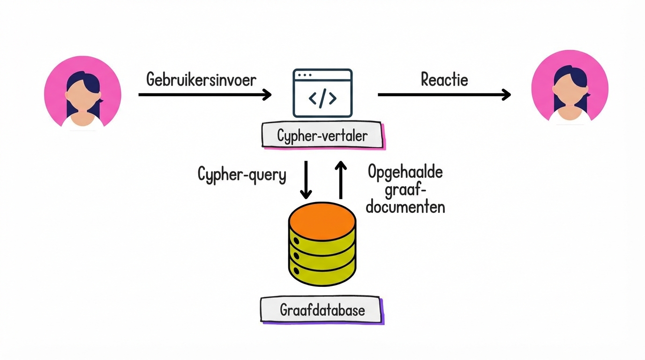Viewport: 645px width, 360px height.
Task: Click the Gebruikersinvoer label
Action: point(201,79)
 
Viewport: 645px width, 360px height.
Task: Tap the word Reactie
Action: point(444,79)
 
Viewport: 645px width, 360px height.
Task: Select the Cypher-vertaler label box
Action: point(322,136)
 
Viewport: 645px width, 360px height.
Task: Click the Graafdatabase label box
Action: point(322,310)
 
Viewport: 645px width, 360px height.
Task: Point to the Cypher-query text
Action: point(241,174)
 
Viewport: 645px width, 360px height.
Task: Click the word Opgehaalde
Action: point(405,172)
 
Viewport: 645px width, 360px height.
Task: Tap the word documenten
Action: point(405,207)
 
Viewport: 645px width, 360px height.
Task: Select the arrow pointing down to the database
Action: point(306,180)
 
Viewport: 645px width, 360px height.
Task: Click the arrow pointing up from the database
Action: point(341,180)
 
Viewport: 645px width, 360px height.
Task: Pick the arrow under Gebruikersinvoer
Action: point(205,95)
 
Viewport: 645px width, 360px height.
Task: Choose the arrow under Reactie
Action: point(444,95)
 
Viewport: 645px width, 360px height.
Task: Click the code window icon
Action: point(322,93)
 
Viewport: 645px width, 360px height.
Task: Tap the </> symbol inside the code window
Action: point(322,98)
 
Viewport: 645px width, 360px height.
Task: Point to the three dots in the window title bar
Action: point(305,75)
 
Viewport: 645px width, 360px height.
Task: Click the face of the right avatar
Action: point(570,94)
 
